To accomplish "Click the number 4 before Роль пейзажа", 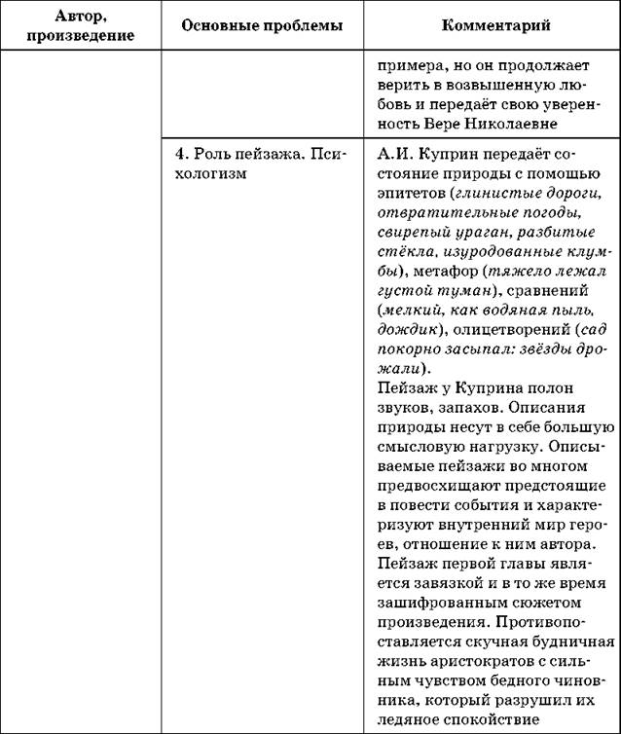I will [178, 156].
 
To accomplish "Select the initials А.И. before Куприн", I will [389, 156].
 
